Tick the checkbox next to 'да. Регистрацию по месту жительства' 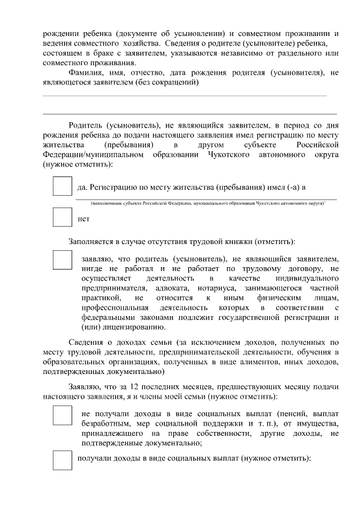[62, 186]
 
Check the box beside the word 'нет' [62, 217]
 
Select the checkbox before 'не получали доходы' [62, 415]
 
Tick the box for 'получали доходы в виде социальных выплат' [62, 460]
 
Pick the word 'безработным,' [105, 423]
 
